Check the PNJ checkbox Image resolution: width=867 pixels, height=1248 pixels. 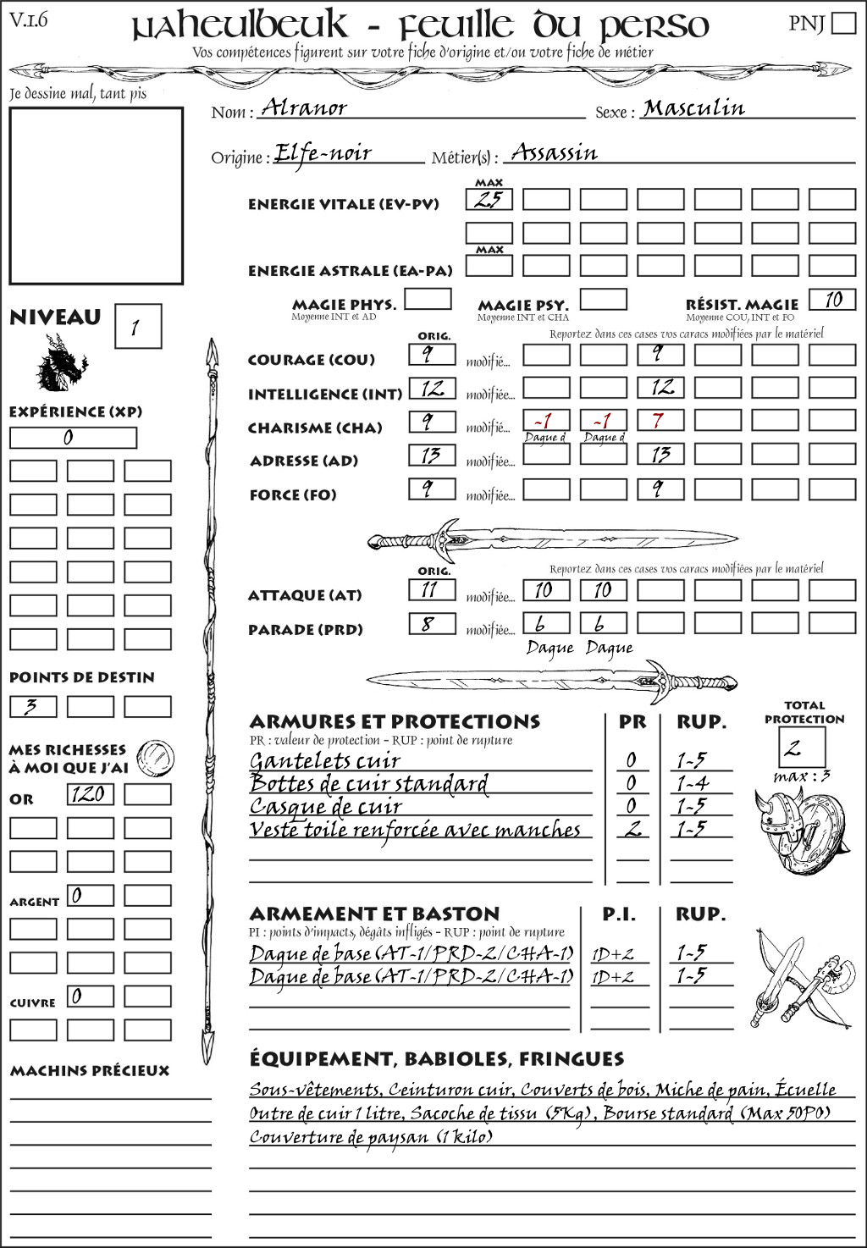pos(843,22)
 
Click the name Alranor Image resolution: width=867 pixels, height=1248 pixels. pos(304,107)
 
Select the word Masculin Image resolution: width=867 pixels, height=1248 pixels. pos(693,108)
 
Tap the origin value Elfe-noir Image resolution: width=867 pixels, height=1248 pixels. pos(323,153)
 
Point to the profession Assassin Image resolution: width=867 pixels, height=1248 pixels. pos(554,152)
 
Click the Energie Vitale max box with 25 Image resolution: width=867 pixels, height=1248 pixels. pos(489,200)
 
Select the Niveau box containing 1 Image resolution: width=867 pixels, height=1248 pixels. pos(137,327)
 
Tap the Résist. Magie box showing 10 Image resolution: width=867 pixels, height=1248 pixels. pos(832,299)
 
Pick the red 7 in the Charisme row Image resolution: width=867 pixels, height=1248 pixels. pos(658,421)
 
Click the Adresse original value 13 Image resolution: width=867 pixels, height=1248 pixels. pos(431,456)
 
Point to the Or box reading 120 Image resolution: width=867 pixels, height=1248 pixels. pos(90,794)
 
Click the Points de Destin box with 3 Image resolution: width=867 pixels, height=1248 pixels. pos(33,706)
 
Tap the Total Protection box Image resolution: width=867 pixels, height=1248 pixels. pos(802,748)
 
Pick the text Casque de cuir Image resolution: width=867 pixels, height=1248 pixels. pos(325,807)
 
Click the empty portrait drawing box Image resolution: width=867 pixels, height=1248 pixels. pos(96,196)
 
